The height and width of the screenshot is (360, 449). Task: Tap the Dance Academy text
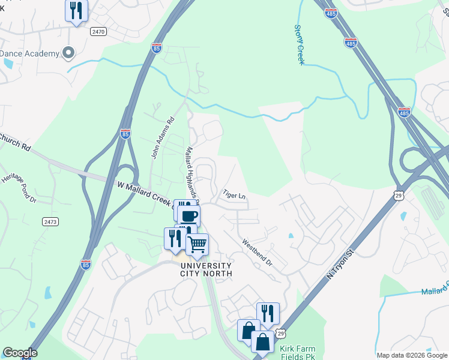[x=30, y=54]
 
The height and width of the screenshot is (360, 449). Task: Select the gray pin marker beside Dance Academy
[x=68, y=53]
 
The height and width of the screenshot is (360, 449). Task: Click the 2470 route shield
[x=98, y=31]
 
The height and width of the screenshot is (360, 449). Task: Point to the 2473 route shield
[x=50, y=222]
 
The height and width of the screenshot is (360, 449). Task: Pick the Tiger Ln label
[x=235, y=195]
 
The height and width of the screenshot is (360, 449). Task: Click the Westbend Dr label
[x=257, y=253]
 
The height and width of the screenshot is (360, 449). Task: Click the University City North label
[x=205, y=269]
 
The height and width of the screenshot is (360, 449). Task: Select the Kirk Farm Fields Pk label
[x=301, y=352]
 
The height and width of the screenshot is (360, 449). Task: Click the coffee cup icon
[x=189, y=215]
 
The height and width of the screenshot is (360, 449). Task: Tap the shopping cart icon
[x=197, y=244]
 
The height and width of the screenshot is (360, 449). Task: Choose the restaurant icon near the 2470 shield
[x=76, y=10]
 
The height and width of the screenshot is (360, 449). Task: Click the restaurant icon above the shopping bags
[x=268, y=313]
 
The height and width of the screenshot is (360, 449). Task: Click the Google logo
[x=20, y=353]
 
